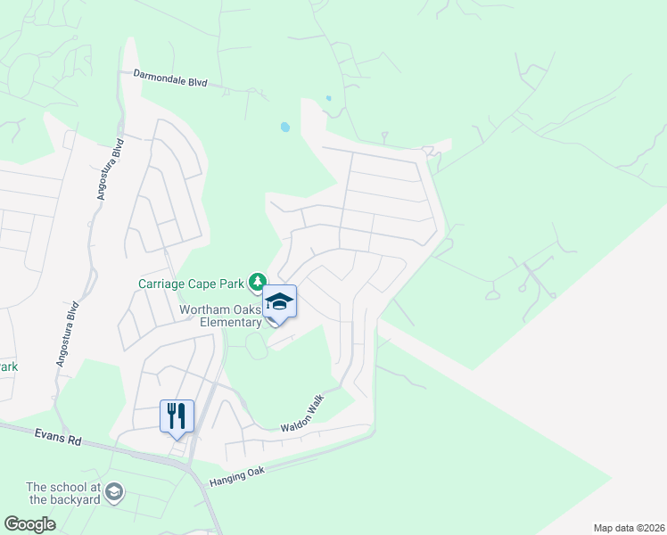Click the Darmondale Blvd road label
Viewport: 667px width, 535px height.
click(x=170, y=78)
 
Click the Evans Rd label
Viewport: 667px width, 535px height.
click(x=60, y=440)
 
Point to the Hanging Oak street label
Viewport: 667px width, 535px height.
click(x=237, y=478)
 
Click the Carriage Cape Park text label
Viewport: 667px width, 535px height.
click(x=191, y=284)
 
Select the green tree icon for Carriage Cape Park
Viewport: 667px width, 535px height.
click(x=258, y=283)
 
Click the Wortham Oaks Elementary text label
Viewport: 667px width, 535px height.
click(x=220, y=316)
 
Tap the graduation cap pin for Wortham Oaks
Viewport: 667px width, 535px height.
click(x=279, y=303)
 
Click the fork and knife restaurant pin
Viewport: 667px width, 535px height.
click(x=177, y=416)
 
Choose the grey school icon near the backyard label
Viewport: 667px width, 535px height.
click(x=114, y=491)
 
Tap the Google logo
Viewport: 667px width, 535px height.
click(x=29, y=523)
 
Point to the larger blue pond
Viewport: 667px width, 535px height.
click(x=284, y=128)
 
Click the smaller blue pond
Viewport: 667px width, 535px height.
click(x=329, y=98)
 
